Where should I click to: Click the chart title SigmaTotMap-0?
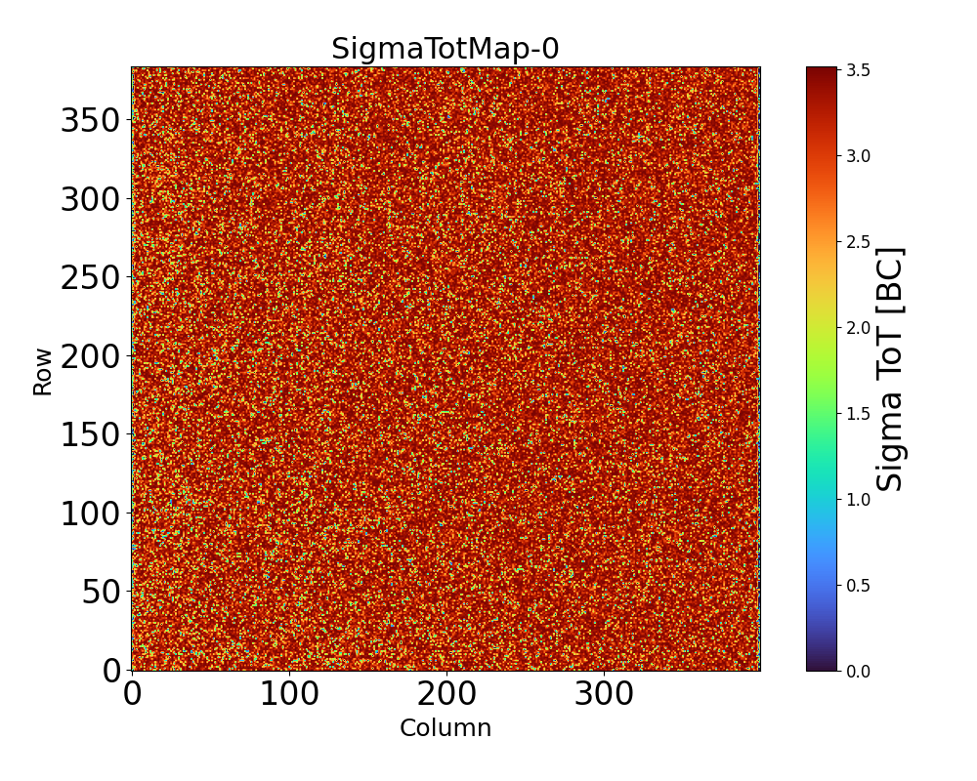pos(445,49)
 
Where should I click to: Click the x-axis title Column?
pos(446,728)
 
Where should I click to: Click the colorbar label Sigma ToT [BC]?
pos(889,369)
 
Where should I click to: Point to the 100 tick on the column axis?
pos(289,694)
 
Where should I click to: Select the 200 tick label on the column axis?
pos(446,694)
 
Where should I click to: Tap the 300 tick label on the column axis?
pos(604,694)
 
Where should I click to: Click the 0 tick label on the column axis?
pos(133,694)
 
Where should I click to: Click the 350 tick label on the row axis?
pos(90,121)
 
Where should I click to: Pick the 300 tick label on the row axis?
pos(90,199)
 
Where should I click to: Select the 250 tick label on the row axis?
pos(90,278)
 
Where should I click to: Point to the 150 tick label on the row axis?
pos(90,434)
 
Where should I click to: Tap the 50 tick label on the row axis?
pos(101,592)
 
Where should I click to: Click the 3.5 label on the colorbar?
pos(860,70)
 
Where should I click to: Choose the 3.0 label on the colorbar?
pos(860,156)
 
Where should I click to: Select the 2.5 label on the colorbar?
pos(860,242)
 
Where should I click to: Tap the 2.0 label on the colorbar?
pos(860,328)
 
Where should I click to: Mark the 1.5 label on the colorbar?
pos(860,414)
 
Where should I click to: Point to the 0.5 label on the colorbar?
pos(860,586)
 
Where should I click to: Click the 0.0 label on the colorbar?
pos(860,671)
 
